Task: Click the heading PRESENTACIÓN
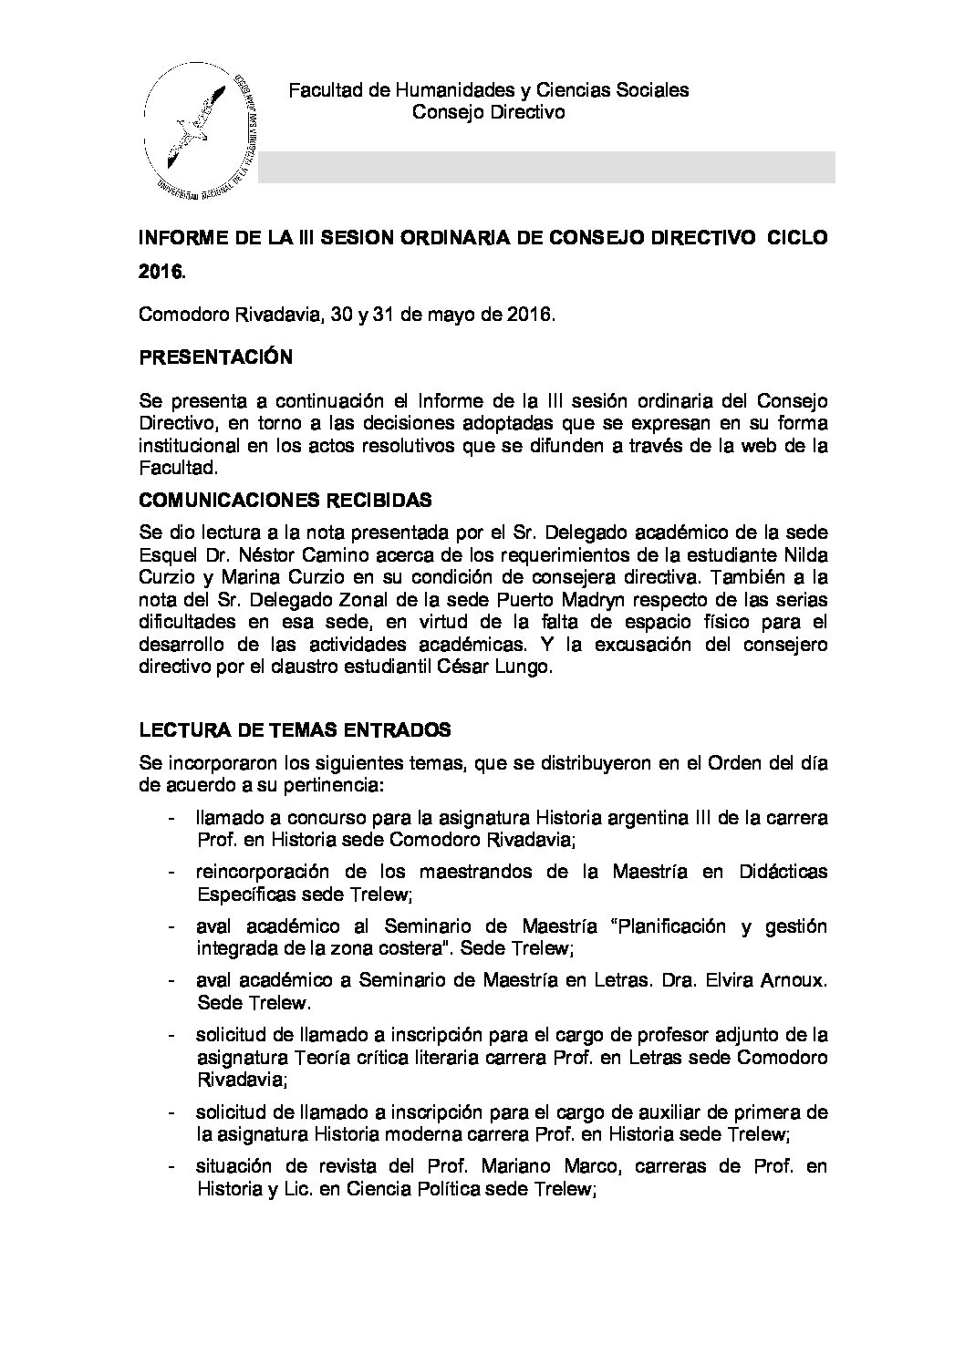[x=215, y=357]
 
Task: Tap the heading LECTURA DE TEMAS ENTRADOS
[x=295, y=730]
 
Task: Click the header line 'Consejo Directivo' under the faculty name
[x=488, y=112]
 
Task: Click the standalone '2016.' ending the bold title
[x=161, y=271]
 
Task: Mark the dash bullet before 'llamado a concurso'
[x=172, y=818]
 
